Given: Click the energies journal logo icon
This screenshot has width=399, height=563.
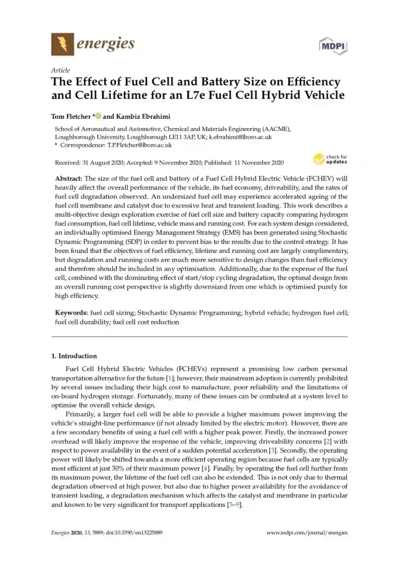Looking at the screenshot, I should click(x=62, y=43).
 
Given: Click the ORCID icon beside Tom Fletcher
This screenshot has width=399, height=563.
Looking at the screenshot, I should click(x=99, y=115).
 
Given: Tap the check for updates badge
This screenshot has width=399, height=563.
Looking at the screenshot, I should click(x=330, y=159).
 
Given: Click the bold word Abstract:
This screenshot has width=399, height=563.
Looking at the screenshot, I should click(x=68, y=179).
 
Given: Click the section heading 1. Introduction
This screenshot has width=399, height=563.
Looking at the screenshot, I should click(x=74, y=356).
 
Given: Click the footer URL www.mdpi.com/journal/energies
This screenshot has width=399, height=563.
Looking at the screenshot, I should click(x=307, y=533).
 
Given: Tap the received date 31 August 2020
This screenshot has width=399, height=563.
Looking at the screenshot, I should click(x=101, y=163).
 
